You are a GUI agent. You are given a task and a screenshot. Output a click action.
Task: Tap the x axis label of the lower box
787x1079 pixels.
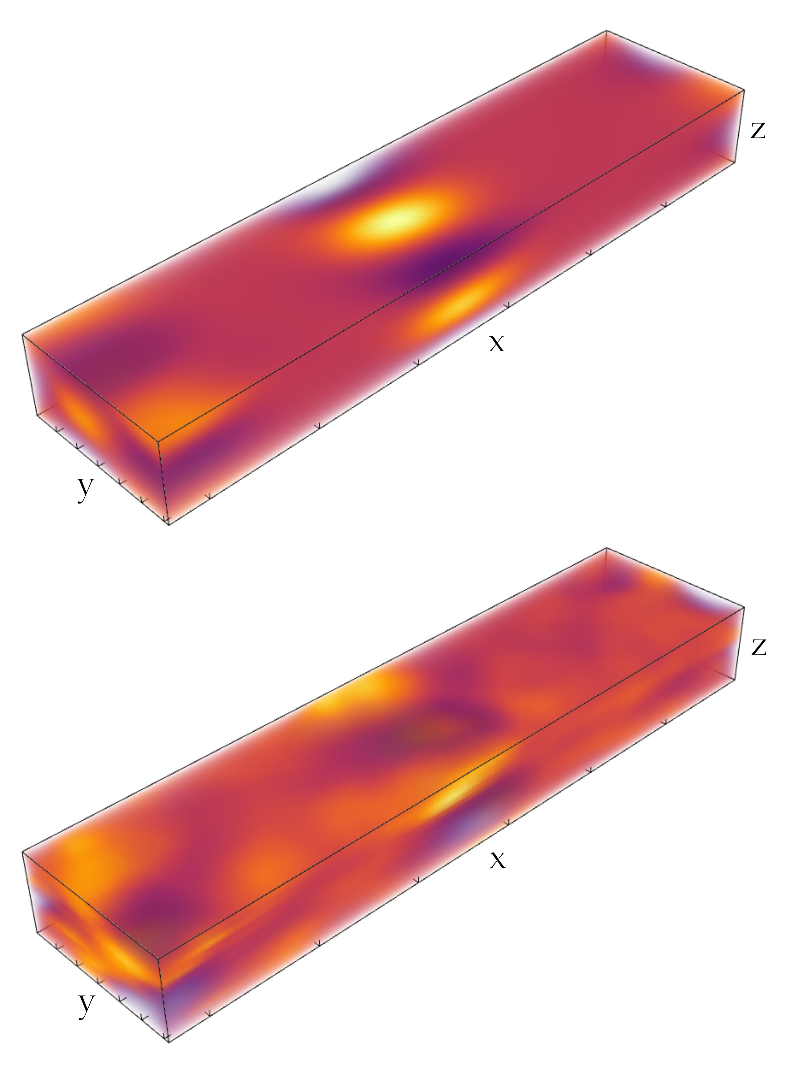tap(497, 860)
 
